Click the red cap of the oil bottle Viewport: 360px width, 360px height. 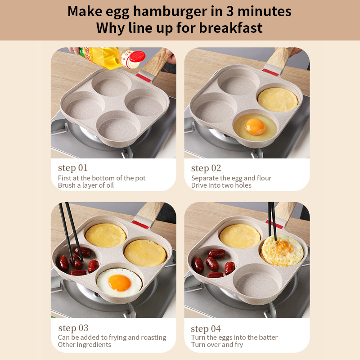[137, 57]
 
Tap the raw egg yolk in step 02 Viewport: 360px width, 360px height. [255, 126]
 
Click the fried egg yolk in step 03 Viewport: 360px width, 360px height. [120, 283]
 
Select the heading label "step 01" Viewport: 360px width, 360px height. [73, 168]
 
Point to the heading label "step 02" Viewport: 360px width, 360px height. [206, 168]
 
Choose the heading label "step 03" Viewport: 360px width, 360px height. [73, 328]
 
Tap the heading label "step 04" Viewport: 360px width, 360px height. [206, 329]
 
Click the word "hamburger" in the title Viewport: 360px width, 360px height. [170, 12]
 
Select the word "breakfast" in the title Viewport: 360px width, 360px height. [231, 28]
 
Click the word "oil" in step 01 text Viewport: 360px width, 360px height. [110, 185]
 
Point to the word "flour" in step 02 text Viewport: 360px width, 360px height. [264, 178]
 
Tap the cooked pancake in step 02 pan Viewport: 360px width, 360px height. [278, 100]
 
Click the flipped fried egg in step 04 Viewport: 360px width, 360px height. [283, 250]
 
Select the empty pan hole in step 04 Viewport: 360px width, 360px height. [257, 282]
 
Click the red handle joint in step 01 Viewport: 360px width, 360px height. [144, 78]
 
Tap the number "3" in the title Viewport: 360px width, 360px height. [230, 12]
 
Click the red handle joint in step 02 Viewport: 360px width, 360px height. [270, 72]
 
